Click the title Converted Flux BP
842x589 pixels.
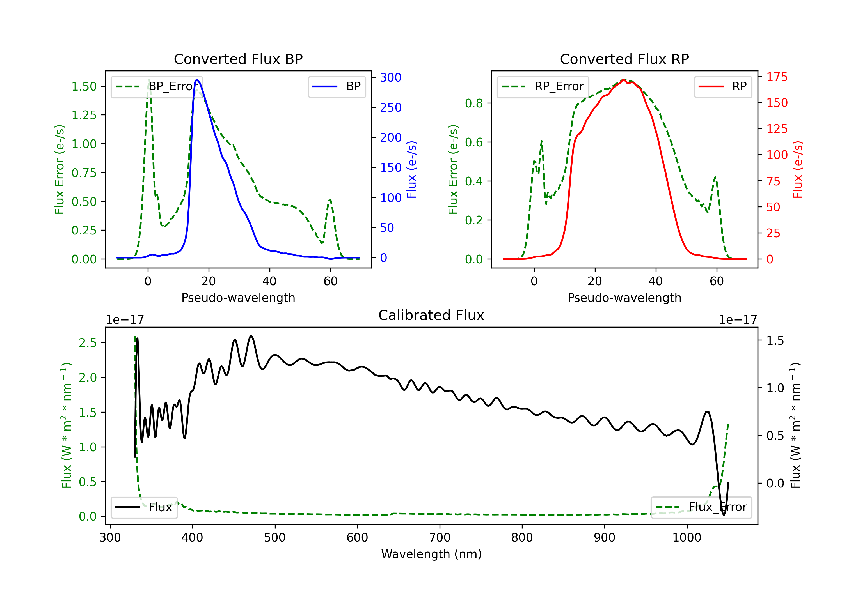[238, 59]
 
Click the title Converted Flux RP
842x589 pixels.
[624, 59]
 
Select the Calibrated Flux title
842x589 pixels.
[431, 315]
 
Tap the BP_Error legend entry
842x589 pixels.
[157, 86]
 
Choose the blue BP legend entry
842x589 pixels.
[337, 86]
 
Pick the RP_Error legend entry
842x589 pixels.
[543, 86]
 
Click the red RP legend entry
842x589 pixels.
[723, 86]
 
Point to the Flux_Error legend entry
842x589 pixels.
[701, 507]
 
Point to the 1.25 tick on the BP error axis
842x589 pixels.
[84, 115]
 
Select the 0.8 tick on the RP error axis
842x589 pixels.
[474, 103]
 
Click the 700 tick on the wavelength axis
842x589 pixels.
[440, 538]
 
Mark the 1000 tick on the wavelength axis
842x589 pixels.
[687, 538]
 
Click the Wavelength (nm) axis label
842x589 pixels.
[431, 554]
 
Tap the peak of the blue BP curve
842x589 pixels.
[196, 80]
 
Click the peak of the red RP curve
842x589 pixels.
[623, 80]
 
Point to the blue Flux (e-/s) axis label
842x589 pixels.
[411, 170]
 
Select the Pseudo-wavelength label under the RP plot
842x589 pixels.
[624, 298]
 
